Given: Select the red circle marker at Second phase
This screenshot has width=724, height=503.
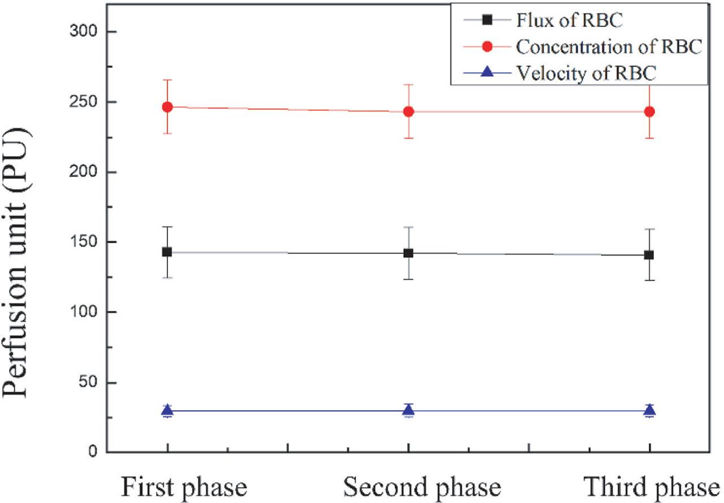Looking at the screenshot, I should tap(408, 111).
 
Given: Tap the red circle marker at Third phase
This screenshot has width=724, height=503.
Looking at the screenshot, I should tap(649, 111).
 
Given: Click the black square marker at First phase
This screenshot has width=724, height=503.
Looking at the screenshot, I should tap(167, 252).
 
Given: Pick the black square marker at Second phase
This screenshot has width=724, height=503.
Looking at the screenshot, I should tap(408, 253).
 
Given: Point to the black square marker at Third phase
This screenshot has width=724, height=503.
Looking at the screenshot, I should tap(649, 255).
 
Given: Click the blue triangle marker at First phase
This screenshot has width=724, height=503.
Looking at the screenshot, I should tap(167, 410).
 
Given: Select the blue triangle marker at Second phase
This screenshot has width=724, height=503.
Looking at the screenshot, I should tap(408, 410).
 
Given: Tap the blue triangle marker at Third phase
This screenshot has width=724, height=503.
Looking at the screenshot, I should tap(649, 410).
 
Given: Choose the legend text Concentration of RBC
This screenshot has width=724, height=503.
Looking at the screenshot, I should tap(609, 47).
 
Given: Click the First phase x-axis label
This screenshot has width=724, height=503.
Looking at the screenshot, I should tap(183, 487).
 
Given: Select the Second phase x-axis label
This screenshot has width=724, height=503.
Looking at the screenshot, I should tap(422, 487).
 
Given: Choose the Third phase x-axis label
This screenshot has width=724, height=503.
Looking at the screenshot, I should tap(652, 487).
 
